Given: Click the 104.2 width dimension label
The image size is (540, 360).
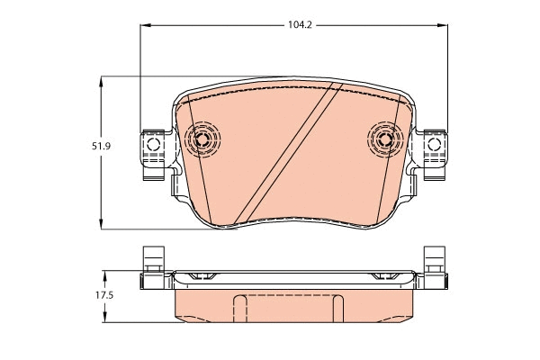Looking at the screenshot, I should (300, 25).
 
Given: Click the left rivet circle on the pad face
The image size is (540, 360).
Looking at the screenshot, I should (202, 139).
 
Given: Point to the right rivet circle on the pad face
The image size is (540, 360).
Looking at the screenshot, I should (385, 139).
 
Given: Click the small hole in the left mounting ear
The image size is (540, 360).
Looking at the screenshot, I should (153, 143).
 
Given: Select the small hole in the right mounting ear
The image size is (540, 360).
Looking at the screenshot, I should (436, 143).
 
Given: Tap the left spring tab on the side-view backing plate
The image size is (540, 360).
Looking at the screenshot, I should (200, 274).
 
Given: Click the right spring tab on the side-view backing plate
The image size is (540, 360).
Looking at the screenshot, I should (389, 274).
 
